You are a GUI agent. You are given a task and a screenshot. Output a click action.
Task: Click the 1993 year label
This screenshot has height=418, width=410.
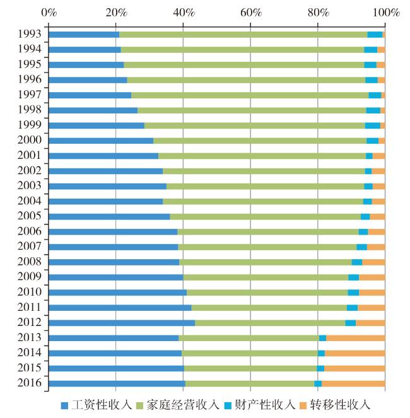[x=30, y=34]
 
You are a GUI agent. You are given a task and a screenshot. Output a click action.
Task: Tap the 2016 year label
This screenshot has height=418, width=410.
[x=30, y=383]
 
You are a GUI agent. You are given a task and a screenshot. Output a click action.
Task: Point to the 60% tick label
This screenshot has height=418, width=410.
[x=250, y=12]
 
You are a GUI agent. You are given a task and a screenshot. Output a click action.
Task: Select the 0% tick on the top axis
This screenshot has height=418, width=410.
[x=49, y=12]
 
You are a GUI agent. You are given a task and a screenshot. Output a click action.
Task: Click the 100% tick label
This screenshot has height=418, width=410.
[x=385, y=12]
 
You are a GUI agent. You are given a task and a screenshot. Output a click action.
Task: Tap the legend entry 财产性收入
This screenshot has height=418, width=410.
[x=263, y=404]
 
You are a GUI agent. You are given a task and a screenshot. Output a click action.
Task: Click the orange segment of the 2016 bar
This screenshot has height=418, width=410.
[x=353, y=383]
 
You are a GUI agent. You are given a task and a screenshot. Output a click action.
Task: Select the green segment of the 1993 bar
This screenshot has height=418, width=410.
[x=243, y=34]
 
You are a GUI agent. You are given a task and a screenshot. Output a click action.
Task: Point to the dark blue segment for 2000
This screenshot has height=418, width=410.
[x=101, y=141]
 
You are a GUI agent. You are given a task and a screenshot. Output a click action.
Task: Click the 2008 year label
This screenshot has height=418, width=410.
[x=30, y=262]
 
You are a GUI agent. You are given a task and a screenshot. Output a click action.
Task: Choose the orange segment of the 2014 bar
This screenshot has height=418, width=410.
[x=354, y=353]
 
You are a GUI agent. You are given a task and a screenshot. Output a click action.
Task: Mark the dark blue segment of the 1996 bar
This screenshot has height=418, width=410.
[x=88, y=80]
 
